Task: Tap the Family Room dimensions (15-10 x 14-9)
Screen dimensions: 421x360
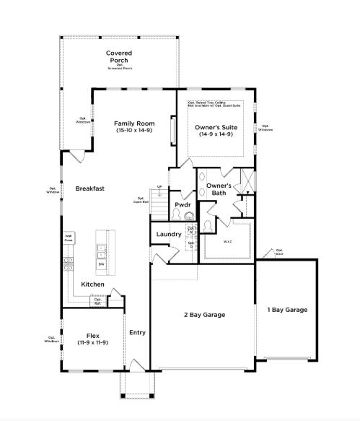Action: (135, 131)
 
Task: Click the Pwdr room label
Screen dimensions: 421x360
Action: (183, 205)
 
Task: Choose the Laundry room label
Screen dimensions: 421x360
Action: (168, 234)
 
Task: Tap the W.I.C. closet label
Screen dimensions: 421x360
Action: (227, 242)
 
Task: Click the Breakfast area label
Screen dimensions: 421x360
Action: (90, 188)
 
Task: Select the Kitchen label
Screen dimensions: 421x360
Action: (93, 285)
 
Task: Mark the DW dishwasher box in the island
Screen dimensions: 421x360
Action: (102, 264)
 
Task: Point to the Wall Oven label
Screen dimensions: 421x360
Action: (69, 238)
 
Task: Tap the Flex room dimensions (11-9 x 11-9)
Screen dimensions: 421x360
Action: (92, 342)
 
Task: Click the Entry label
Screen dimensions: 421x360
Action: (137, 333)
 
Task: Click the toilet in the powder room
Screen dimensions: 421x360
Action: (188, 216)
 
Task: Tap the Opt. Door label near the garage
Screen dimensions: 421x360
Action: (279, 252)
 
